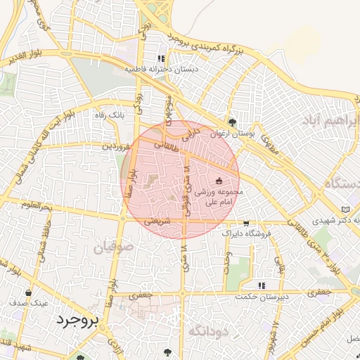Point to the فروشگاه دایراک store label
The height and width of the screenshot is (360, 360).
coord(245,233)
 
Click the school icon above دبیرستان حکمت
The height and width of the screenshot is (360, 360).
coord(262,285)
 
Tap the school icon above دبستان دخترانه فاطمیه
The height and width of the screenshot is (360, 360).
coord(161,59)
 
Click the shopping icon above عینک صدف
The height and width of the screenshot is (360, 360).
coord(28,292)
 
